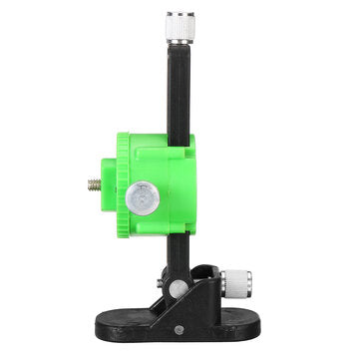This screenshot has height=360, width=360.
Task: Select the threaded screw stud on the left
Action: coord(95,185)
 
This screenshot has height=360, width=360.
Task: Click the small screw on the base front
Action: coord(177,329)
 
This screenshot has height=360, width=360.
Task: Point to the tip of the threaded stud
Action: coord(89,185)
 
